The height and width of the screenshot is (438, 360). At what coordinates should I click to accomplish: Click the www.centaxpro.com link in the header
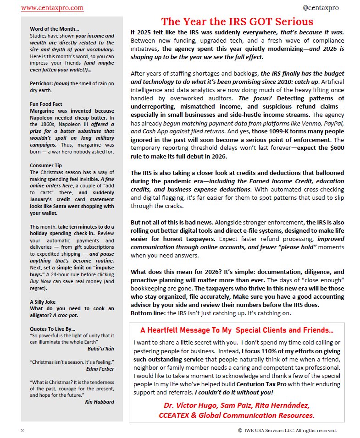click(x=52, y=8)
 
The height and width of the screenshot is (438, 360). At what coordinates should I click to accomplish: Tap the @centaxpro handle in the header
click(x=321, y=8)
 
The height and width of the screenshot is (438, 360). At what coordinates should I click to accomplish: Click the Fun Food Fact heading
click(x=46, y=104)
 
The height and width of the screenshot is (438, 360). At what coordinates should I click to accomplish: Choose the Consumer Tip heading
click(x=45, y=165)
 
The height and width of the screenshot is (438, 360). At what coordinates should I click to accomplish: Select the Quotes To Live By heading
click(x=52, y=328)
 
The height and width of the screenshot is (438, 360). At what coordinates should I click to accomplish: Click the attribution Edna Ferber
click(x=100, y=368)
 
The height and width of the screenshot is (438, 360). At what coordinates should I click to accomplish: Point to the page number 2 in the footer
click(x=22, y=430)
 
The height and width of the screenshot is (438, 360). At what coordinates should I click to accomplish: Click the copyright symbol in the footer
click(x=240, y=430)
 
